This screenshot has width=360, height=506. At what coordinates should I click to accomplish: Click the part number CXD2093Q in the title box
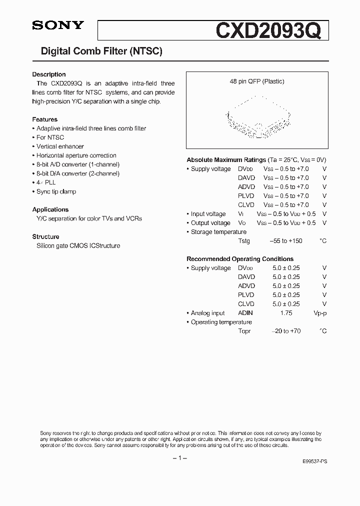click(272, 29)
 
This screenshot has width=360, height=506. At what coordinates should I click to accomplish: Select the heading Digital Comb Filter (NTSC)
click(101, 51)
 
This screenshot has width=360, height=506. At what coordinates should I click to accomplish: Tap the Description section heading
click(49, 74)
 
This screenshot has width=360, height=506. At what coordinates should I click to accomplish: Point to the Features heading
click(45, 119)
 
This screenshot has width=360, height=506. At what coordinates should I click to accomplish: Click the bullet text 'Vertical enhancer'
click(60, 146)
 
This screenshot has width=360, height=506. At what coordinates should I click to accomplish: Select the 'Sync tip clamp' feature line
click(56, 191)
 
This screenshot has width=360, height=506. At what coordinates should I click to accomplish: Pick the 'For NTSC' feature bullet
click(50, 137)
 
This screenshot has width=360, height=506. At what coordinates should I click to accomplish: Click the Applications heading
click(50, 209)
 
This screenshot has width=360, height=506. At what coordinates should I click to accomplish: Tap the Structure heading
click(46, 236)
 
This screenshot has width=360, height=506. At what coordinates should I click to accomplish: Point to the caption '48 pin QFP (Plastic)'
click(257, 81)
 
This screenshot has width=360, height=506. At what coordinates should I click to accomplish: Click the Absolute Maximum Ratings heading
click(226, 160)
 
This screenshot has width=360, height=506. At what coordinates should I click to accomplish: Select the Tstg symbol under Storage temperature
click(244, 241)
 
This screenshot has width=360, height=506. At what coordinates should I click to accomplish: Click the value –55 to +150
click(286, 241)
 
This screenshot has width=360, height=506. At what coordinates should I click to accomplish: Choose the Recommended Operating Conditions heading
click(240, 259)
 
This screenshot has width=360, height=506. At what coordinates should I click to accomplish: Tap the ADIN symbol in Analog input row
click(245, 313)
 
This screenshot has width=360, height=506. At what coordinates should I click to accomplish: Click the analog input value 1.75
click(286, 313)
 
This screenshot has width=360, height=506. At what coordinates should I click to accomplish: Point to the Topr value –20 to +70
click(286, 331)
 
